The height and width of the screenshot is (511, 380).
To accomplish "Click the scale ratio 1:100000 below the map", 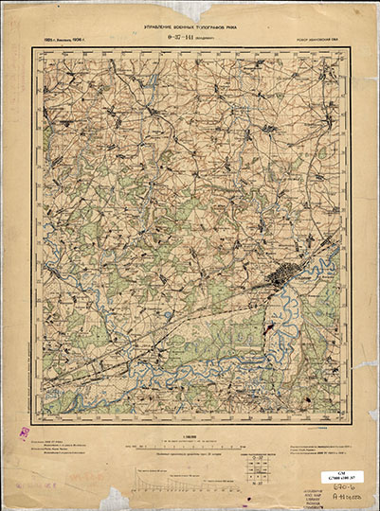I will tap(190, 437).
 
